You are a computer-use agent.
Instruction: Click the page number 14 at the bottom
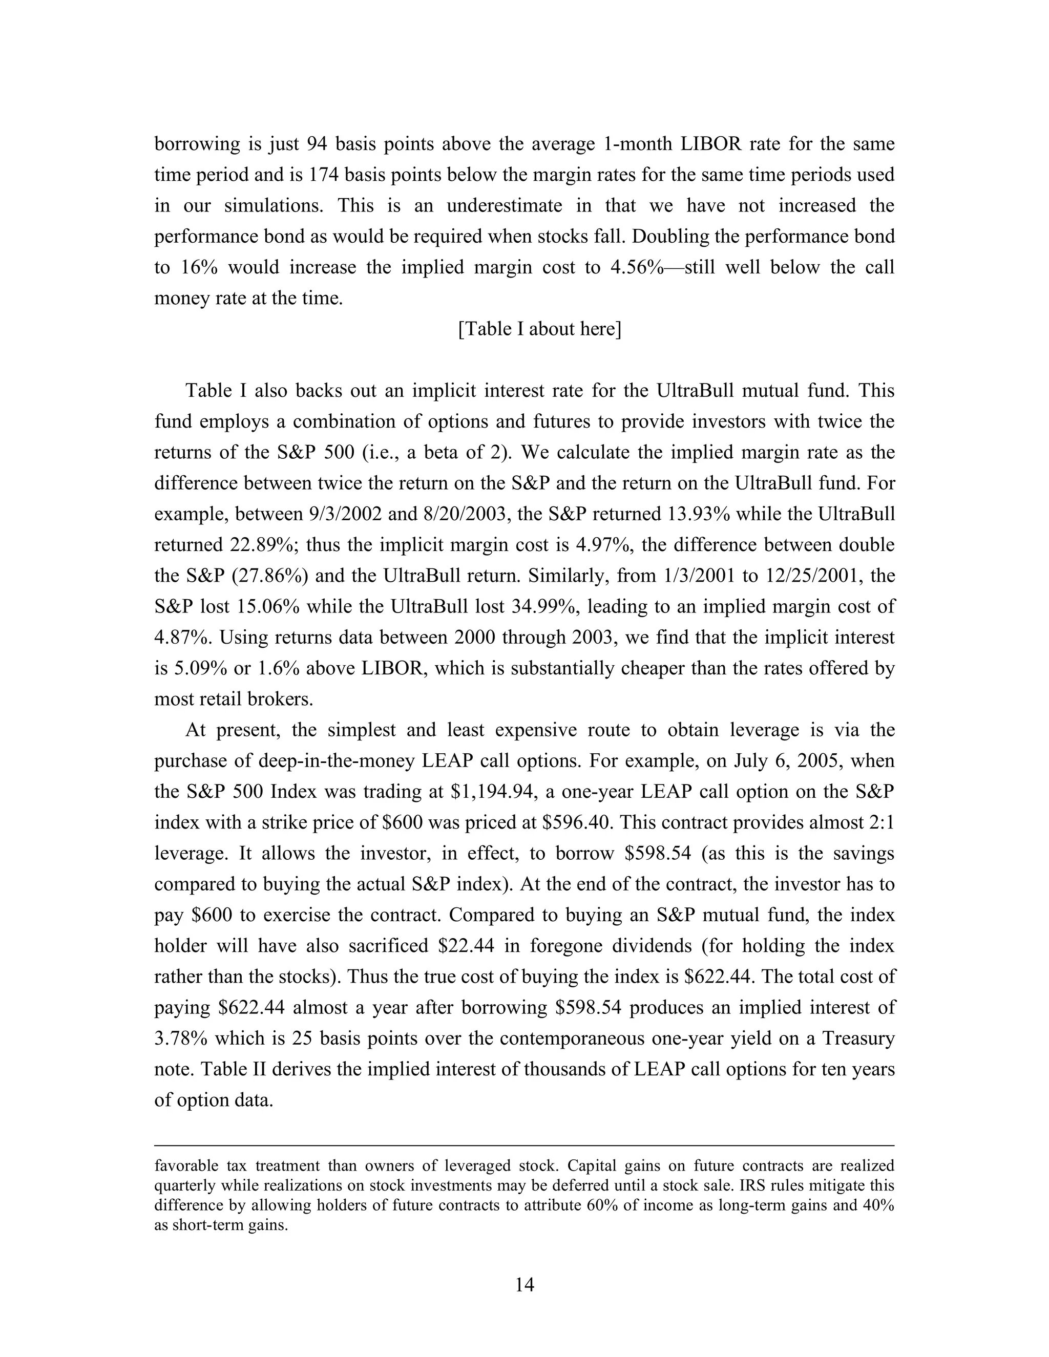pos(524,1284)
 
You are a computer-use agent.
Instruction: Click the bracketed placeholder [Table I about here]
pos(539,329)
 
